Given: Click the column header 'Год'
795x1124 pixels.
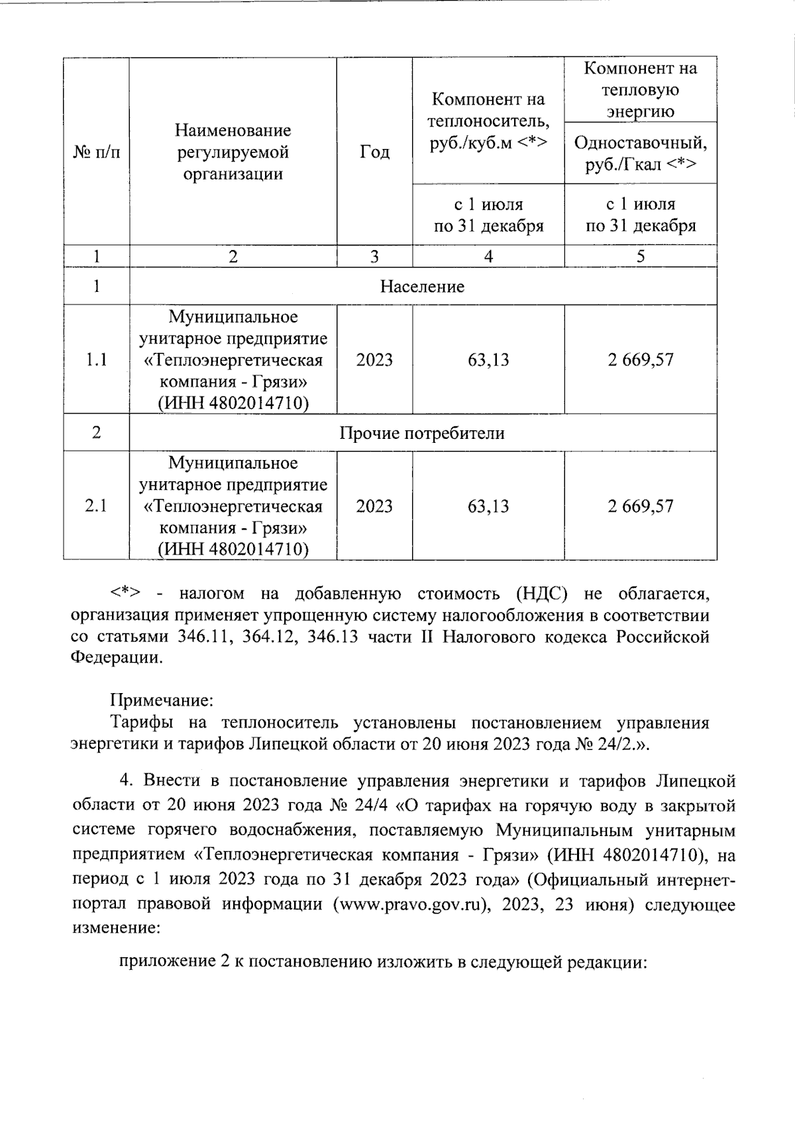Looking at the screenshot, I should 374,152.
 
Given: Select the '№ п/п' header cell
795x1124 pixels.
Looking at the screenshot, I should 97,152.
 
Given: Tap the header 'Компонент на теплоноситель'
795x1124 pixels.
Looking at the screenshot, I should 488,121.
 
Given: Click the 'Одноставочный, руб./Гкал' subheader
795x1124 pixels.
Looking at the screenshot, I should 640,153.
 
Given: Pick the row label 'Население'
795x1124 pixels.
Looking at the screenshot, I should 422,287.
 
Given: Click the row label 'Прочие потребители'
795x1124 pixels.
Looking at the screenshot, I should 422,433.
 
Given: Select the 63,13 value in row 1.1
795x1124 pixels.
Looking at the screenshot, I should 488,360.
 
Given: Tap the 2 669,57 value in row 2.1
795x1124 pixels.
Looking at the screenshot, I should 640,506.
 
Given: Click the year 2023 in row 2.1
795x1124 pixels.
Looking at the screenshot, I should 374,506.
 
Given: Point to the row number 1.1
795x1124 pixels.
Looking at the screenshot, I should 97,360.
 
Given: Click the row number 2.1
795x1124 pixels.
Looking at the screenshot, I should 97,506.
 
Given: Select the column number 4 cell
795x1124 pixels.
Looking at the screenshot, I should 488,257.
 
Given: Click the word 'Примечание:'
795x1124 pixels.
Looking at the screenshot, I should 161,700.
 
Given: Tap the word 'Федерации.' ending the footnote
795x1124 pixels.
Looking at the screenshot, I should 116,659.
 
